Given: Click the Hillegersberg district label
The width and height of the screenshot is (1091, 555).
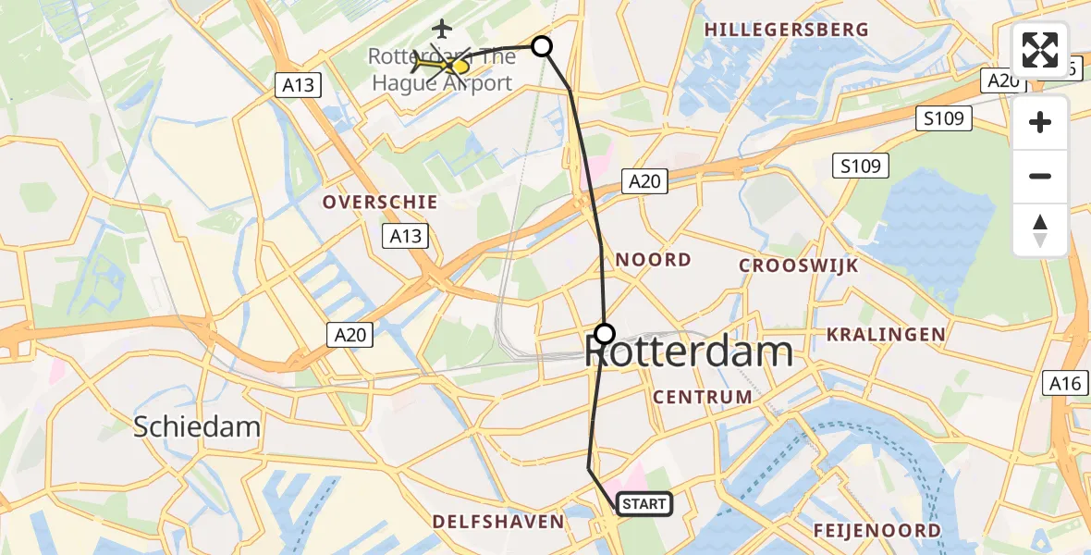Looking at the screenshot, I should click(x=787, y=30).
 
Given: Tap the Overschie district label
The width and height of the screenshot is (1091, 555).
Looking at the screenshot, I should click(x=380, y=202).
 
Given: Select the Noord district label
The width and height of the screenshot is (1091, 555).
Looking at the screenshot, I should click(x=654, y=260).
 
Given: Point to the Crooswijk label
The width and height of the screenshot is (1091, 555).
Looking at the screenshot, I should click(x=799, y=266).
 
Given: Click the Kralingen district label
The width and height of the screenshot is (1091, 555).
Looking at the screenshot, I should click(x=886, y=334).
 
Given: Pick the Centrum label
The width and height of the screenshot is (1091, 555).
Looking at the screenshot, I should click(x=703, y=397).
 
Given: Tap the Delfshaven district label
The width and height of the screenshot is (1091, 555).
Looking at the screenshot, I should click(x=499, y=522).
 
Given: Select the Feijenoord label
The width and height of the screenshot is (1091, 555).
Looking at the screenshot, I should click(x=877, y=531).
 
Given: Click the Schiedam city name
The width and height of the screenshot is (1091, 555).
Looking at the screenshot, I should click(x=197, y=426).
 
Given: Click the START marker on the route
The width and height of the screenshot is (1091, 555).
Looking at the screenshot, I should click(x=644, y=504).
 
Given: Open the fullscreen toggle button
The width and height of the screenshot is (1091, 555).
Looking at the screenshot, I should click(x=1040, y=50).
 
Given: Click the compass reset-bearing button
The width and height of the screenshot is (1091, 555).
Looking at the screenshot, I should click(x=1040, y=230).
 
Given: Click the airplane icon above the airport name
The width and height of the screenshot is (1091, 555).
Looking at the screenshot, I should click(x=442, y=29).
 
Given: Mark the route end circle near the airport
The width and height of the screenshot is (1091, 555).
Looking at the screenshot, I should click(x=542, y=46).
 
